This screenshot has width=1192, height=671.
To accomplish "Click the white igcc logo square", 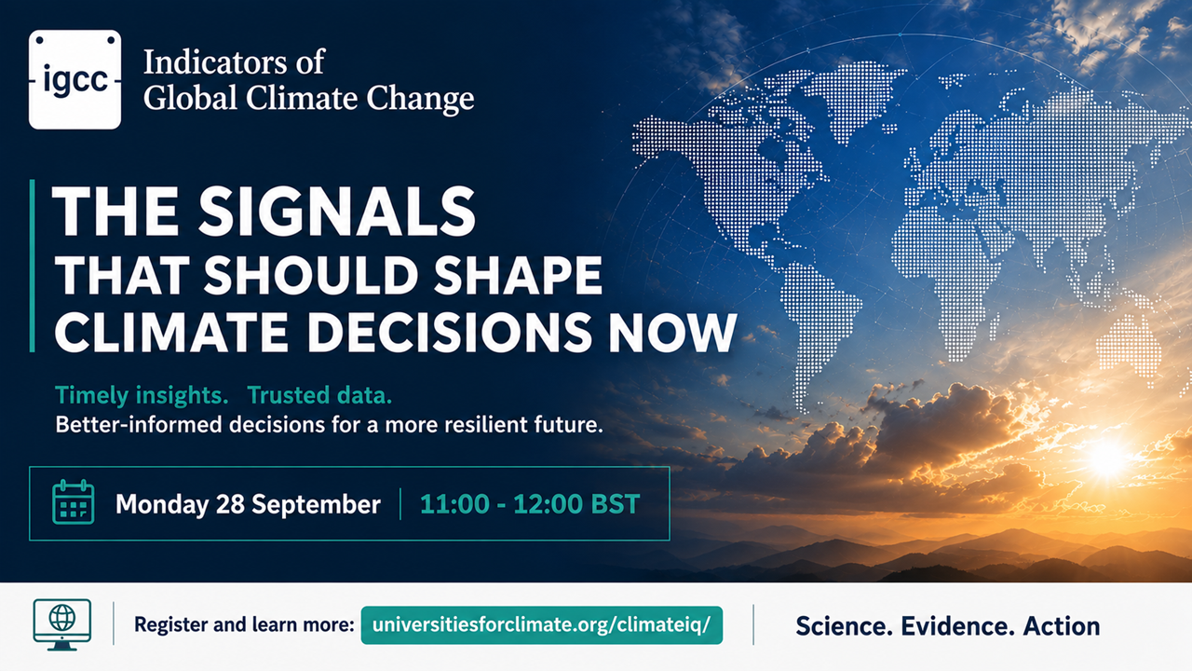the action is [x=75, y=79].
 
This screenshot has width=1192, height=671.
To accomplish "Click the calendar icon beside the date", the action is [x=74, y=502].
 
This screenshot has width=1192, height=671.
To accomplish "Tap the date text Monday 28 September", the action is [x=248, y=504].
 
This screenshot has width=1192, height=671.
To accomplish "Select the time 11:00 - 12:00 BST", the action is [x=530, y=504].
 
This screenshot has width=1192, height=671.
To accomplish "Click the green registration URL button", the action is [x=542, y=625].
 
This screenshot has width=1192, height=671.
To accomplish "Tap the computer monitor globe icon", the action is [x=62, y=624].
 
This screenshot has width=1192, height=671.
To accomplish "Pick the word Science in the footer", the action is [x=844, y=626].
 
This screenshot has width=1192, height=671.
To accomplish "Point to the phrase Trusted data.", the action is [x=319, y=395].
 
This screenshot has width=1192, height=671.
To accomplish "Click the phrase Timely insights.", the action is [x=142, y=396].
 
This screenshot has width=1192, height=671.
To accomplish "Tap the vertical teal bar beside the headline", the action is [x=33, y=266].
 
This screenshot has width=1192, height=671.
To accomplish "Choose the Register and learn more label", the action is [x=244, y=624].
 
